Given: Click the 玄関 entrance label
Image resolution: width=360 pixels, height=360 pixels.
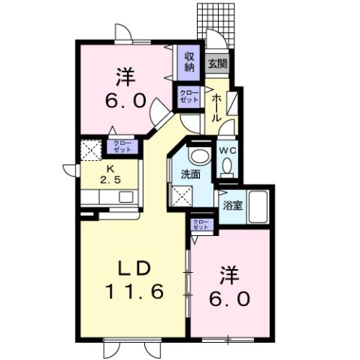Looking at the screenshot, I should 217,64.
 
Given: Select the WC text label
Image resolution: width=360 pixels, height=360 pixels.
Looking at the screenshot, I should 228,149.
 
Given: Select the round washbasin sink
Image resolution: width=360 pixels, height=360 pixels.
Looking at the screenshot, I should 198,155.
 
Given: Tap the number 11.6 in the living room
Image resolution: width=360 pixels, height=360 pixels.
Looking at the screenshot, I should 136,292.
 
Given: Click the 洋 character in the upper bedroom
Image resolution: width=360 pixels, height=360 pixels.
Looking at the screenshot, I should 125,76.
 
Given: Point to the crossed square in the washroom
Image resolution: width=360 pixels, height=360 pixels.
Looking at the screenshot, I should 183,197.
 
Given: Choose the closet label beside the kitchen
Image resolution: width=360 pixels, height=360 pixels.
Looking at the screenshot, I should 121,147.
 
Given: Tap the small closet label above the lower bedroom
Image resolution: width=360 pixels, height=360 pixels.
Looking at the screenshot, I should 200,224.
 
